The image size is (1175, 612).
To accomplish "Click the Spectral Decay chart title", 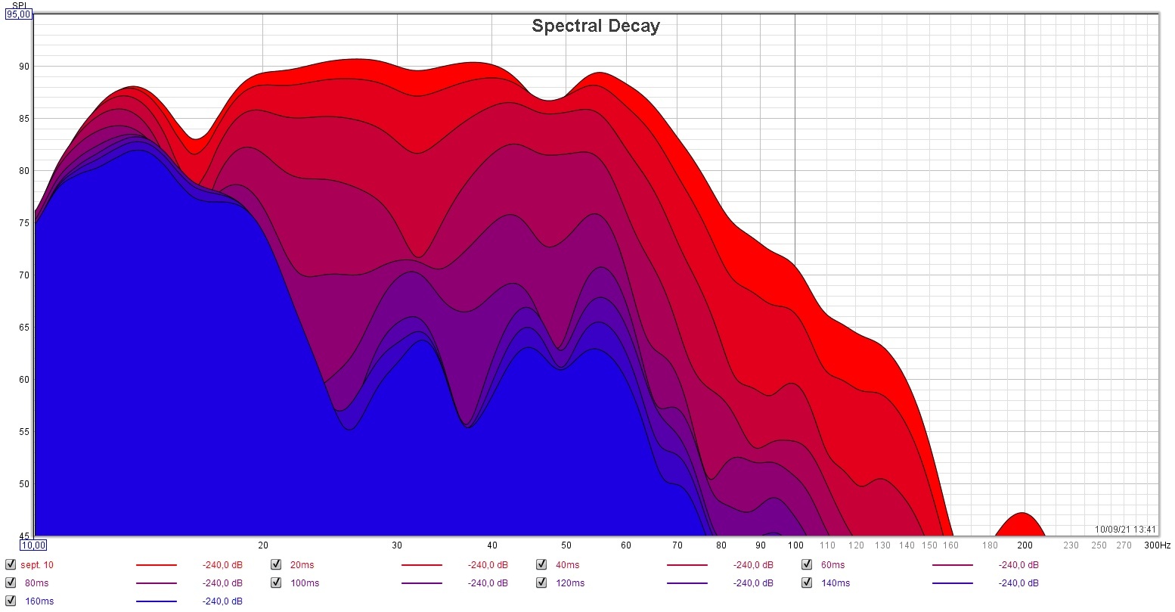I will tap(596, 26).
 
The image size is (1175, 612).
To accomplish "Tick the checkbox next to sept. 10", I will tap(11, 564).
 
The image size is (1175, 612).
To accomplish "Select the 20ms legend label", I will tap(302, 565).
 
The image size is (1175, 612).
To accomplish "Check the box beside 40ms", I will tap(541, 564).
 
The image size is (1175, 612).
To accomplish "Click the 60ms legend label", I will tap(832, 565).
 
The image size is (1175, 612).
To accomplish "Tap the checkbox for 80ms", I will tap(11, 582).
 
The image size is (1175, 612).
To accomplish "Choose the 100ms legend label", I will tap(305, 583).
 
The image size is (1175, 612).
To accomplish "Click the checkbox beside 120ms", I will tap(541, 582).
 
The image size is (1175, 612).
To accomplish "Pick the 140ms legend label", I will tap(835, 583).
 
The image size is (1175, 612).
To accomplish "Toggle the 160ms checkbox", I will tap(11, 601).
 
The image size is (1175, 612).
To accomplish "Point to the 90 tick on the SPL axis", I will tap(24, 67).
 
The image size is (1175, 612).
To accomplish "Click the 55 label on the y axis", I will tap(24, 432).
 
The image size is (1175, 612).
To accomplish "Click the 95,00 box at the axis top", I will tap(19, 14).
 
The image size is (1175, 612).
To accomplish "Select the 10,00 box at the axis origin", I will tap(33, 545).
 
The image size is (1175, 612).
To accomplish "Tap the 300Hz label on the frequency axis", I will tap(1157, 545).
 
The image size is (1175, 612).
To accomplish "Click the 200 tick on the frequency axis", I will tap(1025, 545).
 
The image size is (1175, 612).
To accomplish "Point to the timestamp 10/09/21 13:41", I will tap(1125, 530).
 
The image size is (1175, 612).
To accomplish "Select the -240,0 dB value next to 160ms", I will tap(222, 601).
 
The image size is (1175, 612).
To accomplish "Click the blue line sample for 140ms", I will tap(952, 583).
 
